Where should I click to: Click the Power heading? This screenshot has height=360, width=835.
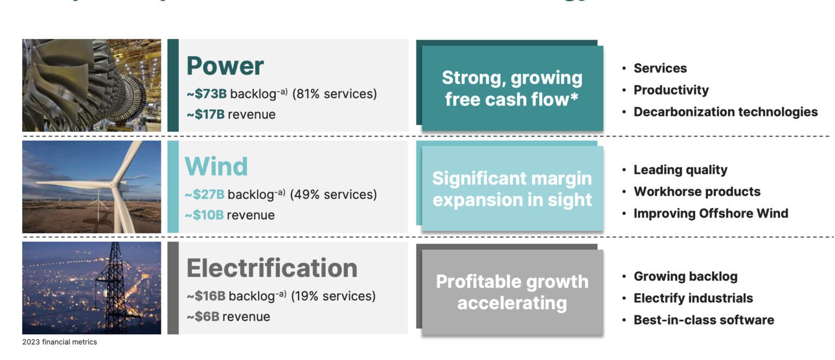point(225,66)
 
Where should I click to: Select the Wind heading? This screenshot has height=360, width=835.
point(216,166)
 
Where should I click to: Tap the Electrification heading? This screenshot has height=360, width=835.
point(272,268)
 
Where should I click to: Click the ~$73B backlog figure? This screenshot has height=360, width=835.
point(207,94)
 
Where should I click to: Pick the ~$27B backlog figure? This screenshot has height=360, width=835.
point(205,195)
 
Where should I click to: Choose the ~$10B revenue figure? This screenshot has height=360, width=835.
point(204,215)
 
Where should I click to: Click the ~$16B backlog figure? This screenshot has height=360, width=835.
point(206,296)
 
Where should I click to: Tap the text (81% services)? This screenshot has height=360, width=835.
point(334,94)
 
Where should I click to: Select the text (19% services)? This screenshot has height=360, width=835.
point(333,296)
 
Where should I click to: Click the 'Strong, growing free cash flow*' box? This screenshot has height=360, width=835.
point(512,89)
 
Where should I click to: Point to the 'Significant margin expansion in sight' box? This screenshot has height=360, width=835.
point(512,189)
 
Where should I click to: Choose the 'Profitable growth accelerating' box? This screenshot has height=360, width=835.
point(512,292)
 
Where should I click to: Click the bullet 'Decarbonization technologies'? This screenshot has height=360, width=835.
point(725,112)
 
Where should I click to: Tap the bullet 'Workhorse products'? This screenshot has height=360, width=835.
point(697,192)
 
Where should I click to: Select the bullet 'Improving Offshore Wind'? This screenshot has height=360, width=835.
point(711,214)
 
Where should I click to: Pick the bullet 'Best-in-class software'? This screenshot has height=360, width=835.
point(703,320)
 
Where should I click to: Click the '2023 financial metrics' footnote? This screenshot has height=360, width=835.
point(59,342)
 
